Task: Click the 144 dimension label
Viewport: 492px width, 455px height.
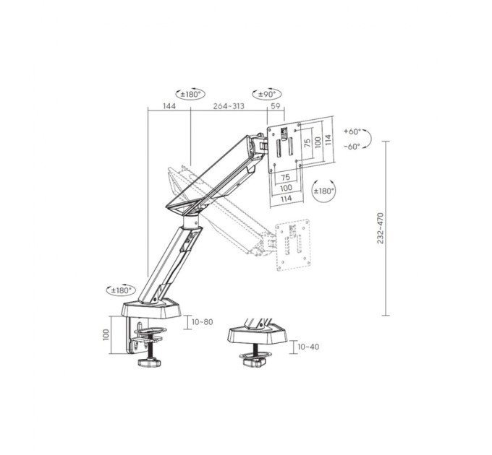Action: click(169, 106)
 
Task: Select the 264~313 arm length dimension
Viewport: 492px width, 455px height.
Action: click(229, 106)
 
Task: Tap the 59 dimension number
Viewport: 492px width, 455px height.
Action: click(275, 106)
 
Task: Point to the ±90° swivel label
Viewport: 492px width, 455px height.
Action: click(267, 94)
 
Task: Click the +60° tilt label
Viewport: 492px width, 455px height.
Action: click(352, 131)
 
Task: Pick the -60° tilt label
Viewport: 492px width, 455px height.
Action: click(352, 146)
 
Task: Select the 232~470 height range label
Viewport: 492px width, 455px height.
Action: click(381, 228)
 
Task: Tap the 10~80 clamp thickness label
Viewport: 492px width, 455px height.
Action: click(203, 322)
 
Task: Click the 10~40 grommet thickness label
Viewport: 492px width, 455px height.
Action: click(308, 347)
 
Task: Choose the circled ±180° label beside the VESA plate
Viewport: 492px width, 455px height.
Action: click(324, 191)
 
